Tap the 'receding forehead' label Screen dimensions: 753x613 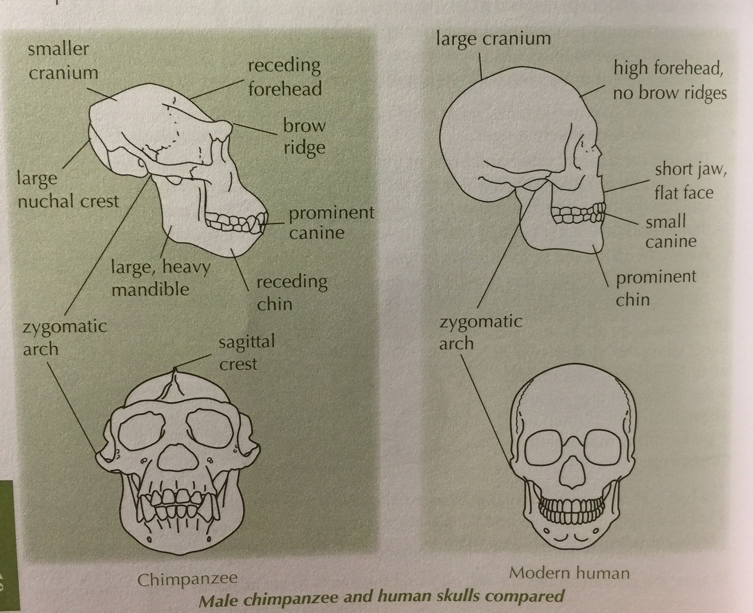click(x=284, y=77)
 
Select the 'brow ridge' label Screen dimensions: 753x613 click(x=304, y=136)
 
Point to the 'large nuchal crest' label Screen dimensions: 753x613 click(x=68, y=189)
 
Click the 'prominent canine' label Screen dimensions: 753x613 click(x=331, y=222)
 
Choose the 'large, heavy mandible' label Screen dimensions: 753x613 click(x=160, y=277)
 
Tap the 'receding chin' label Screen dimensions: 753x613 click(x=291, y=292)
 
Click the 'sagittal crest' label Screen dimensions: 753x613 click(x=246, y=352)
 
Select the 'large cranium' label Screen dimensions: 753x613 click(x=493, y=38)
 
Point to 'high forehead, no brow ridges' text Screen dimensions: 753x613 click(x=669, y=80)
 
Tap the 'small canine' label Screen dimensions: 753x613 click(x=671, y=231)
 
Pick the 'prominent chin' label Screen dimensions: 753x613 click(x=655, y=287)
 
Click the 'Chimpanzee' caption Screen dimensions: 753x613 click(x=187, y=579)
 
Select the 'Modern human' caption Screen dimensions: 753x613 click(x=569, y=573)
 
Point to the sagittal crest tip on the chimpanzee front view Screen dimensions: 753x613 click(x=176, y=370)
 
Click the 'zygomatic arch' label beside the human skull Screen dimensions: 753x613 click(x=480, y=332)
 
